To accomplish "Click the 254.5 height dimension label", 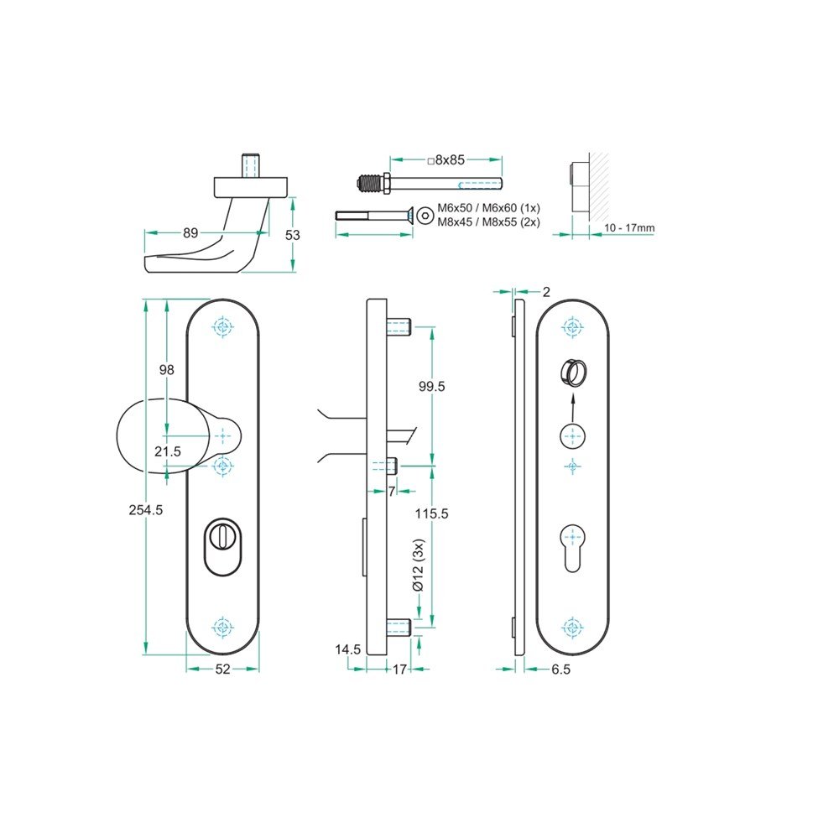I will (x=147, y=510).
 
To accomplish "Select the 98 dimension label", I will (x=167, y=370).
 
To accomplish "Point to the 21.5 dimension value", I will (x=168, y=452).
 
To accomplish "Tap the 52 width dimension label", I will (x=222, y=669).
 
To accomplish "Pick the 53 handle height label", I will (x=293, y=235).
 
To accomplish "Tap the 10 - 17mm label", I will (x=628, y=228).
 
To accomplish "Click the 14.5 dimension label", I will (x=348, y=649).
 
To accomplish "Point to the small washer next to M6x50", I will (x=425, y=215).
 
